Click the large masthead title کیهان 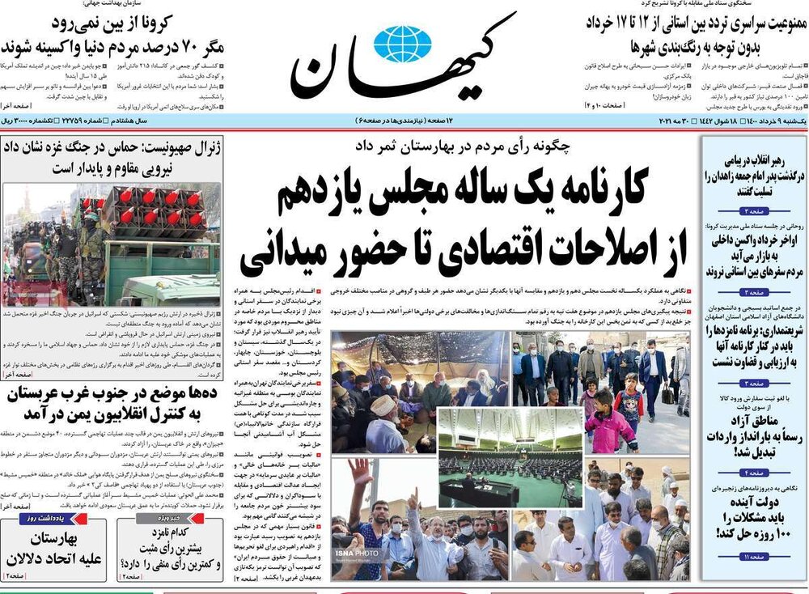pos(403,61)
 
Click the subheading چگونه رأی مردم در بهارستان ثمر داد pos(461,146)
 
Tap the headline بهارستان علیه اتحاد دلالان pos(49,549)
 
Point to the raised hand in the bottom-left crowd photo pos(362,474)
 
